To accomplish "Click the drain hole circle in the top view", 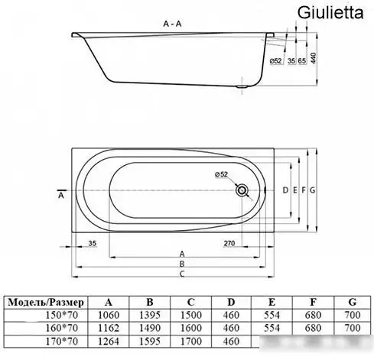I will [243, 190].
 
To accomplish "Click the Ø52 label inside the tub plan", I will [223, 174].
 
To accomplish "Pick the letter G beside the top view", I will [313, 190].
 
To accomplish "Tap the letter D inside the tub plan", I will [284, 190].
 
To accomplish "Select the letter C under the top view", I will [182, 274].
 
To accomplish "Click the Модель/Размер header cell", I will [46, 301].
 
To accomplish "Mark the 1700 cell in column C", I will [193, 341].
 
